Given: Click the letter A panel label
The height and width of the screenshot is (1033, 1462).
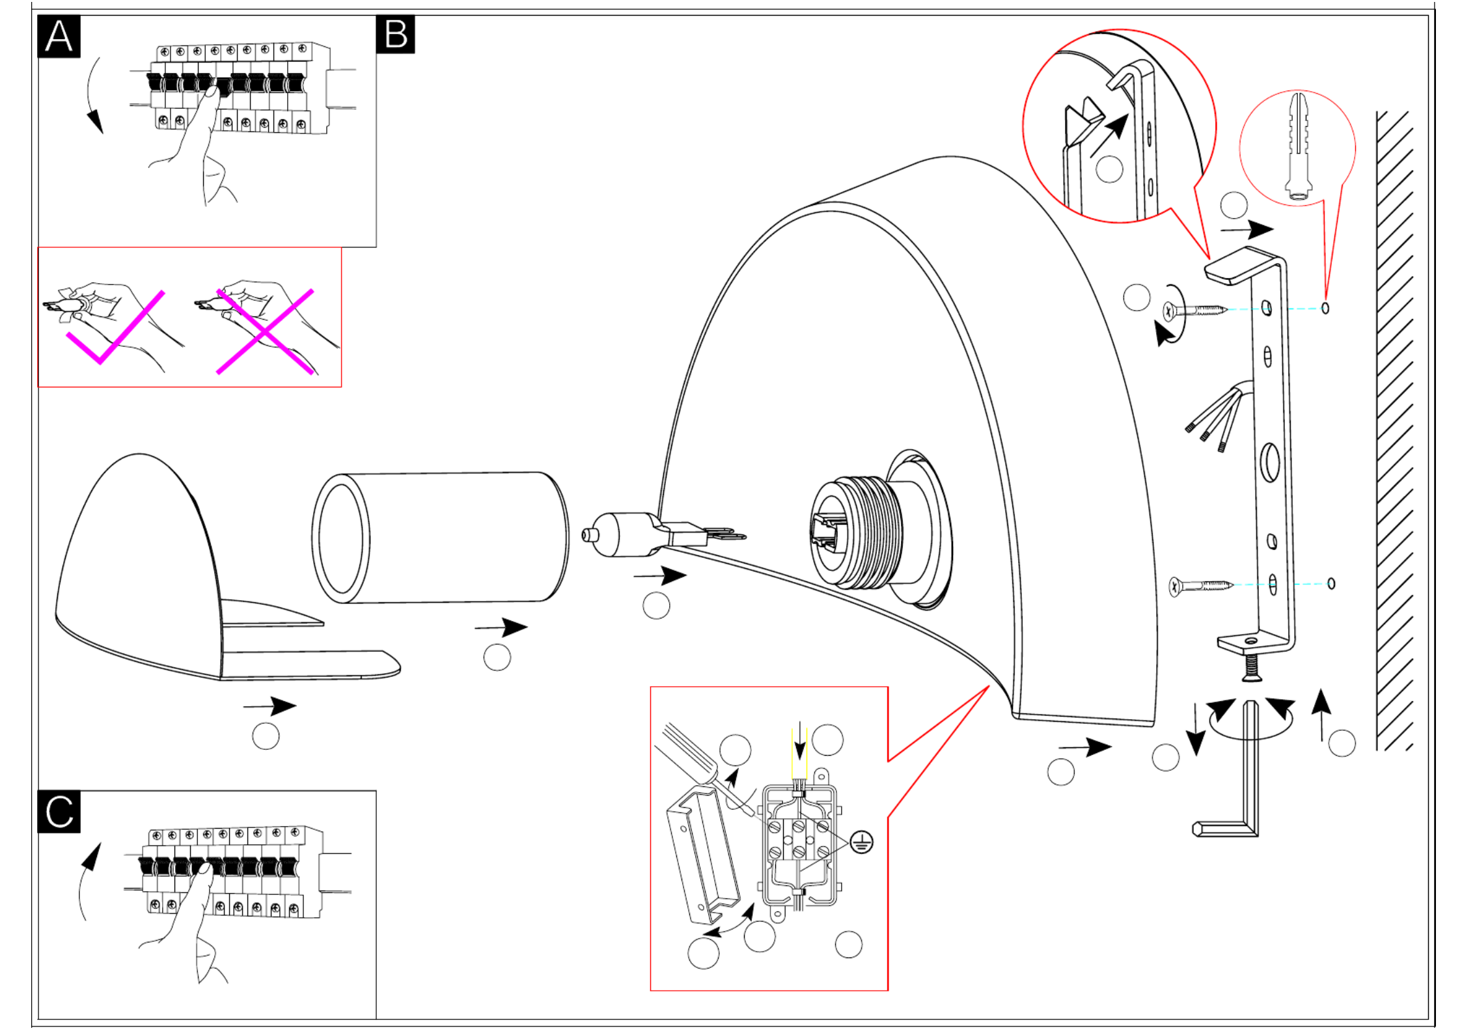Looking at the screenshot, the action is click(59, 36).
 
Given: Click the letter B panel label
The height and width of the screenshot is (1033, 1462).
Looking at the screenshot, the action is click(396, 34).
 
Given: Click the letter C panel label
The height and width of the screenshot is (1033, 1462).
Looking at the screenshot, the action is click(59, 812).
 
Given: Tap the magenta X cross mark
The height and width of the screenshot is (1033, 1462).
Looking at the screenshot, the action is click(265, 332).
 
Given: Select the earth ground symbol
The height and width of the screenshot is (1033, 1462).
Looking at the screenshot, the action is click(862, 842).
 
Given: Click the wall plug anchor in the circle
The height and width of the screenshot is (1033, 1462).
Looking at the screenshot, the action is click(1299, 146).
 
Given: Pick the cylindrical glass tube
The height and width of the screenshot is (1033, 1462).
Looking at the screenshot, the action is click(441, 538).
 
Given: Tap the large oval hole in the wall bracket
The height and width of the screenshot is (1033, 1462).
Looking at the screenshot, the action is click(1270, 463).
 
